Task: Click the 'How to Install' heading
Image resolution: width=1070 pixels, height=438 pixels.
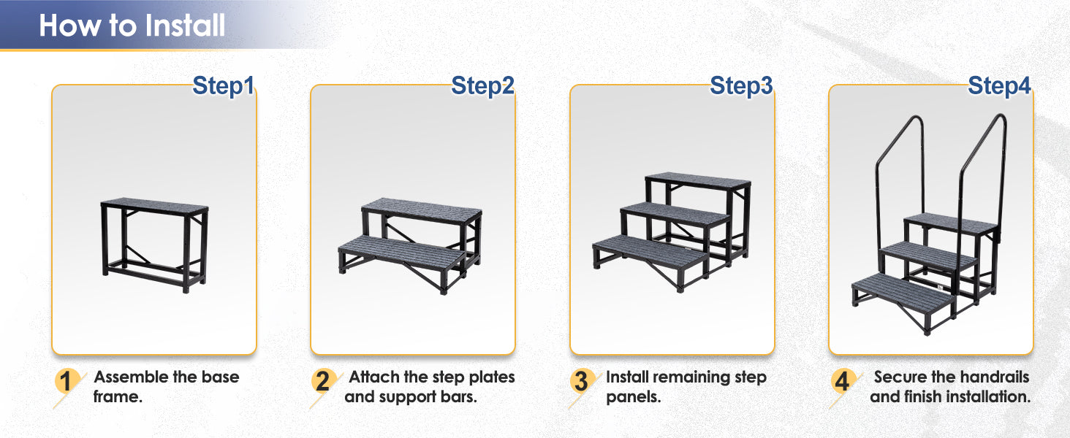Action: tap(132, 26)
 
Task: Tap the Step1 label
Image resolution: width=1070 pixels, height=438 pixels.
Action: tap(223, 86)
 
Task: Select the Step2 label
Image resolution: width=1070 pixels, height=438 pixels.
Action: tap(482, 86)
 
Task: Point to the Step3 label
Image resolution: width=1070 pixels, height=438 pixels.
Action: tap(741, 86)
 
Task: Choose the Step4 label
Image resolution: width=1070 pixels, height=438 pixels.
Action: tap(999, 86)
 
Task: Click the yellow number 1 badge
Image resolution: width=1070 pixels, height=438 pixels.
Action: tap(66, 381)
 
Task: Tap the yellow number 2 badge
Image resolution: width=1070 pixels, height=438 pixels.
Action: tap(323, 381)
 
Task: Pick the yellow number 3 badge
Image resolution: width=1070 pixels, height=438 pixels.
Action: tap(581, 381)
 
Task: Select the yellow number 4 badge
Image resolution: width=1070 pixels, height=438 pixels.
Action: tap(842, 381)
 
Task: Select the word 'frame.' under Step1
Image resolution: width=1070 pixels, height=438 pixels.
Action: tap(118, 396)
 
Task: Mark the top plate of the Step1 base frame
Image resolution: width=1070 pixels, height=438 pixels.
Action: tap(155, 207)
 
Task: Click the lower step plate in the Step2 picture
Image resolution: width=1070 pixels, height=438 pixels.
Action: tap(401, 251)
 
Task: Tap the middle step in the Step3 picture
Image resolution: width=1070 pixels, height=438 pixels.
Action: tap(675, 214)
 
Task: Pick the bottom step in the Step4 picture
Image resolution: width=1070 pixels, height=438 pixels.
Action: tap(903, 289)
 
